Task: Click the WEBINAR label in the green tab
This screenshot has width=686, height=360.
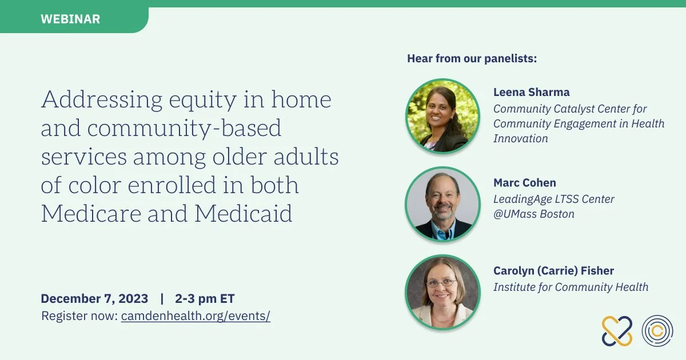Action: [70, 19]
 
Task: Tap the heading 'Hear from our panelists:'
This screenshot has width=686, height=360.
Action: [472, 58]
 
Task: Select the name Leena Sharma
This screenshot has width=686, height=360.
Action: [531, 92]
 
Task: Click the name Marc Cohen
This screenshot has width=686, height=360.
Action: [525, 183]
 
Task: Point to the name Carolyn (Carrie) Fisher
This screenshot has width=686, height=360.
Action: [554, 271]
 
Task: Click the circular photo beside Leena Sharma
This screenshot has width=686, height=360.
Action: [442, 116]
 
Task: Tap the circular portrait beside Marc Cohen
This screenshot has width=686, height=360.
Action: [442, 204]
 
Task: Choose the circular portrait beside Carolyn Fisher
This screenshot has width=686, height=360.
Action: [442, 293]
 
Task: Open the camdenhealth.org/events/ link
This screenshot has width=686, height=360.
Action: [196, 316]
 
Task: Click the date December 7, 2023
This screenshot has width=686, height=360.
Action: [94, 298]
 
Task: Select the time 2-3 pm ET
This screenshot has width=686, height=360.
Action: [205, 298]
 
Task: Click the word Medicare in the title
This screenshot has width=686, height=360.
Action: [91, 213]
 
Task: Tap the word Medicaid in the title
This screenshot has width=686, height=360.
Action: [243, 213]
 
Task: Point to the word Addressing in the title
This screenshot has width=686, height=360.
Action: [102, 99]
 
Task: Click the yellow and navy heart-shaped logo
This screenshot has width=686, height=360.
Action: [617, 331]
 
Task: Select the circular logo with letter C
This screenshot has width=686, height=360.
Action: [657, 331]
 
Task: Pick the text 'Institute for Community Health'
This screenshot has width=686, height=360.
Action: [571, 287]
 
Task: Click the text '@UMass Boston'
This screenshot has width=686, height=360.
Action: [534, 214]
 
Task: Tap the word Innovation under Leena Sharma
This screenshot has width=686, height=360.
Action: [521, 138]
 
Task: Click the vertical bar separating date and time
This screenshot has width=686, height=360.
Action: [162, 298]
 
